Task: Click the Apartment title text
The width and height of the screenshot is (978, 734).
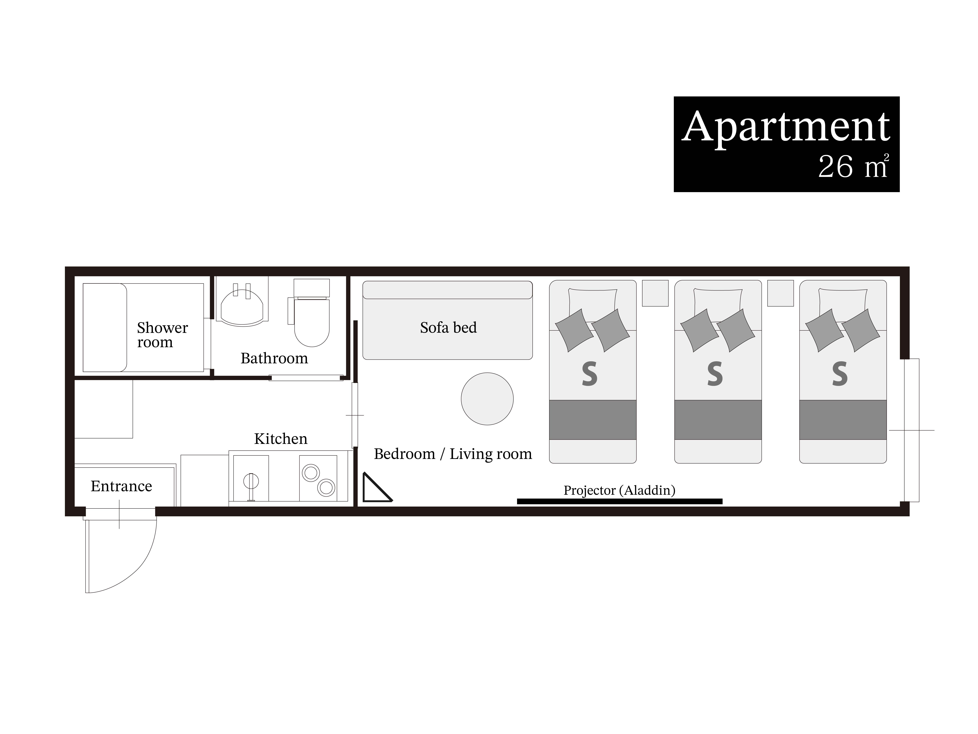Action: click(x=786, y=127)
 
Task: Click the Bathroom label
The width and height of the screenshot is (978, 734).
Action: click(x=274, y=358)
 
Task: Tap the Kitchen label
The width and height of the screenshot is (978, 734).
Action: click(x=281, y=438)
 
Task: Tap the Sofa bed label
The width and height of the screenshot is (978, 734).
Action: click(x=448, y=327)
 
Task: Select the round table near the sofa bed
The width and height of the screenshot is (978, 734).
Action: click(x=487, y=399)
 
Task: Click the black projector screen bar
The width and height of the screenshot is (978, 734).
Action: click(x=619, y=501)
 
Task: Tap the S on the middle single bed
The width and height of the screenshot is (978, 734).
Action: click(x=715, y=374)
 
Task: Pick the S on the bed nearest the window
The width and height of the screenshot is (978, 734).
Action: click(x=840, y=374)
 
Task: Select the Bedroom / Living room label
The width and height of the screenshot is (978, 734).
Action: click(x=453, y=454)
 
